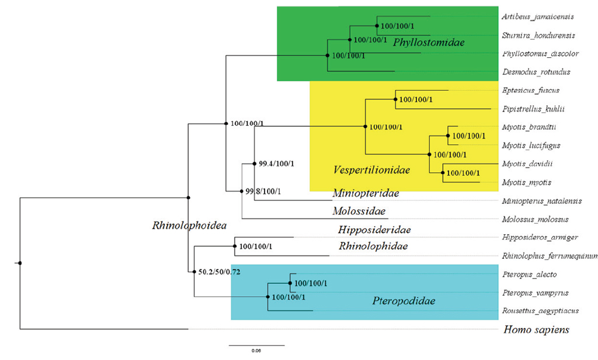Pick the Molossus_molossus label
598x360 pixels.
click(x=535, y=219)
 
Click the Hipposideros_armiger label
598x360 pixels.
click(x=540, y=237)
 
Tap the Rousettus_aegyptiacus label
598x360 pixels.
click(x=540, y=311)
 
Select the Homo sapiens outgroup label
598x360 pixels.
click(x=536, y=330)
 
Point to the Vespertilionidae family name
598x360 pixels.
click(x=371, y=170)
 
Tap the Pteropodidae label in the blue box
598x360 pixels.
click(x=404, y=302)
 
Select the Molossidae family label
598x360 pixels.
click(x=359, y=211)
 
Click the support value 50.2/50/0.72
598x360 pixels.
click(x=220, y=272)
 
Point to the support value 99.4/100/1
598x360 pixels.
click(x=276, y=164)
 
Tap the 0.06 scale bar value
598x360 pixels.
click(x=256, y=351)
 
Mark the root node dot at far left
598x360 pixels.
click(x=20, y=264)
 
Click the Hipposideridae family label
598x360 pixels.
click(x=374, y=230)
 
